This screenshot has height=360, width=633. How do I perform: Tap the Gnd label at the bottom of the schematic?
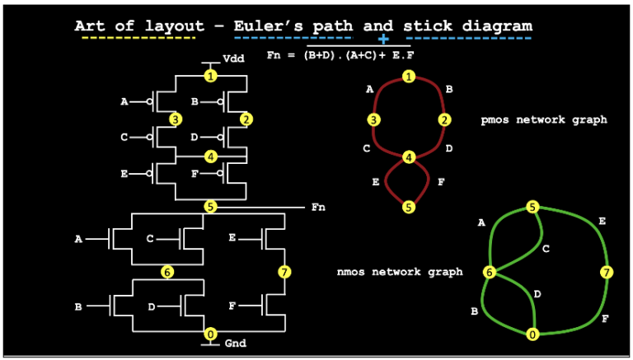[235, 343]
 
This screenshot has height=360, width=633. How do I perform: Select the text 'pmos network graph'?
[544, 119]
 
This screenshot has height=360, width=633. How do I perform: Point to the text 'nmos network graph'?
[400, 272]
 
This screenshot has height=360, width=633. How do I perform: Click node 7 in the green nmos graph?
[607, 272]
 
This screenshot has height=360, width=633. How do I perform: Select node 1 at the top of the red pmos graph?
[409, 77]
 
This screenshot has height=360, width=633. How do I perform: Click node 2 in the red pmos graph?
[445, 120]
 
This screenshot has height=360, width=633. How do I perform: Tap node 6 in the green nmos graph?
[489, 273]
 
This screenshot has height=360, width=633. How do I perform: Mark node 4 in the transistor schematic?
[211, 157]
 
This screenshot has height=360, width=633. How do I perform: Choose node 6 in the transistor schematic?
[166, 272]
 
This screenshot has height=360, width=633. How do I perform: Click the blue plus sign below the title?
[383, 39]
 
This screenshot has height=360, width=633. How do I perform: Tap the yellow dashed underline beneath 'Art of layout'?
[135, 38]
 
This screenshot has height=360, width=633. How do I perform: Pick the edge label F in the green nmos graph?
[605, 318]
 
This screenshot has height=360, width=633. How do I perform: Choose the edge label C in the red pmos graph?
[365, 149]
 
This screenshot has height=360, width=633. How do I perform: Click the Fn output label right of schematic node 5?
[318, 207]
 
